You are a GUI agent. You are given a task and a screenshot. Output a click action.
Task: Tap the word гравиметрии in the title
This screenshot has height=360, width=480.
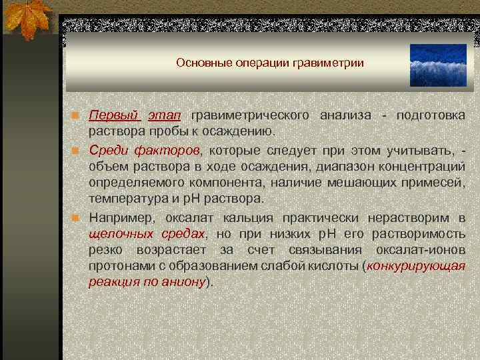(335, 63)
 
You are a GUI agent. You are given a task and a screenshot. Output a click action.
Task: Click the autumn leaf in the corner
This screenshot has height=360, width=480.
(27, 18)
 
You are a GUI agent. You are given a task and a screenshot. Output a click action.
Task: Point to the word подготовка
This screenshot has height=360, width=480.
(431, 115)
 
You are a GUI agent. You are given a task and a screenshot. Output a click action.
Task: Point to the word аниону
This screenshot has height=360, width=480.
(181, 282)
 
